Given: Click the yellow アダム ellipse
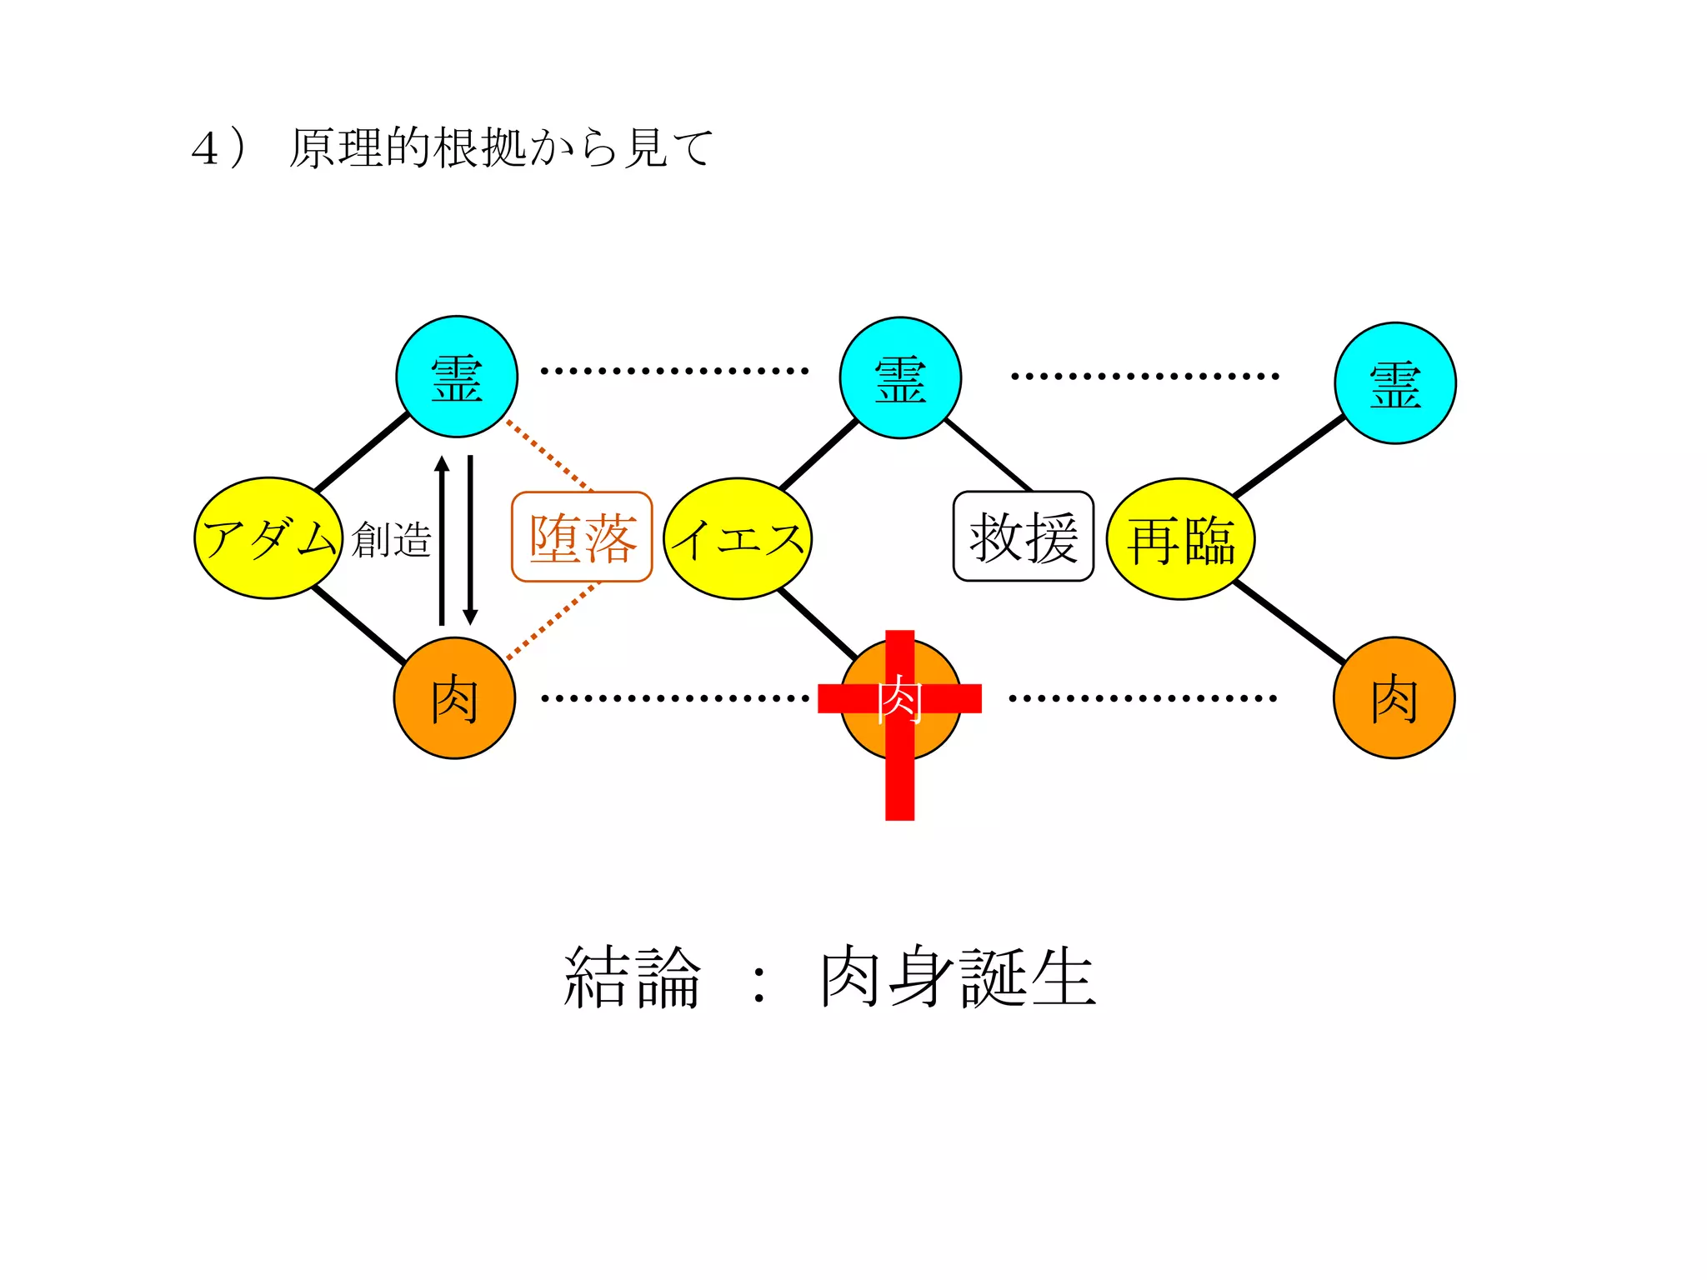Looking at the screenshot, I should pyautogui.click(x=268, y=538).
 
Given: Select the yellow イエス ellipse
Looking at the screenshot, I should pyautogui.click(x=738, y=538).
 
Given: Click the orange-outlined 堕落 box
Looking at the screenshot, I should pyautogui.click(x=582, y=537).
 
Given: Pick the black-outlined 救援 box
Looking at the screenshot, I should pyautogui.click(x=1023, y=537).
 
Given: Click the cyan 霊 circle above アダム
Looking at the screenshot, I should pyautogui.click(x=457, y=377).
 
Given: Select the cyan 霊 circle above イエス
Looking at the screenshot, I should pyautogui.click(x=900, y=377).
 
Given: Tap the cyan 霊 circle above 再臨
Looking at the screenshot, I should pyautogui.click(x=1394, y=383).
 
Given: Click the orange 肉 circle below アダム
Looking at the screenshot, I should pyautogui.click(x=454, y=698).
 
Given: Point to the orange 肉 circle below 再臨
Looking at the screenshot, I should pyautogui.click(x=1394, y=698).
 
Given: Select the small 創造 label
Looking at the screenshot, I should pyautogui.click(x=391, y=539).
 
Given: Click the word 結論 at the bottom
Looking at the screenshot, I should pyautogui.click(x=633, y=977).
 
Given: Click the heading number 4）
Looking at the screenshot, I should pyautogui.click(x=218, y=149).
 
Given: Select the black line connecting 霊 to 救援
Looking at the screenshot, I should pyautogui.click(x=989, y=455).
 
